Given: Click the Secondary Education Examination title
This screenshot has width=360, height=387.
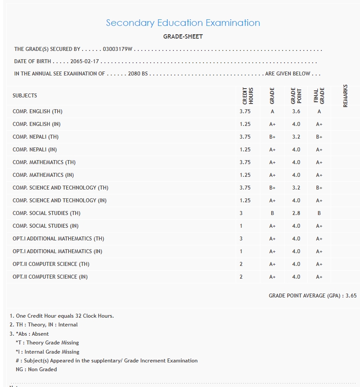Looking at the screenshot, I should click(183, 23).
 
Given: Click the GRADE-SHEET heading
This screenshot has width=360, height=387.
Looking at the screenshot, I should click(183, 36).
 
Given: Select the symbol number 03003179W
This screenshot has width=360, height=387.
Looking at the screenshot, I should click(117, 49).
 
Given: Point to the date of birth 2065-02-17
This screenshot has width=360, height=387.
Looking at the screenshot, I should click(85, 61).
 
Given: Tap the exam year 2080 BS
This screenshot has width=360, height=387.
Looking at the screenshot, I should click(138, 74).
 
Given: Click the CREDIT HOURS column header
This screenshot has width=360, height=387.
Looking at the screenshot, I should click(248, 96).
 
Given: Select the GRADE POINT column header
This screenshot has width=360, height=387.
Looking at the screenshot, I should click(293, 96).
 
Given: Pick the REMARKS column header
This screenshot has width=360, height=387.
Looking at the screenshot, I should click(345, 96).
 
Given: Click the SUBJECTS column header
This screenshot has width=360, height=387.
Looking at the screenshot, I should click(25, 96).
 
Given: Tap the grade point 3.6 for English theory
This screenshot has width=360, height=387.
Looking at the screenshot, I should click(296, 111).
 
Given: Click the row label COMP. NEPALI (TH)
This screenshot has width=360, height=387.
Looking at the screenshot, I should click(36, 137).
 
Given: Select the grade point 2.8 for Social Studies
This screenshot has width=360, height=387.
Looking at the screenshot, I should click(296, 213).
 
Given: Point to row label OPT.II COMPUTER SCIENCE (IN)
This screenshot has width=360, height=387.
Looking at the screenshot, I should click(50, 277).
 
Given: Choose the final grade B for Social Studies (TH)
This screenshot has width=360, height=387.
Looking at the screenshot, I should click(319, 213).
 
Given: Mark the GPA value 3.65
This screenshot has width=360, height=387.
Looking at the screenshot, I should click(351, 296).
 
